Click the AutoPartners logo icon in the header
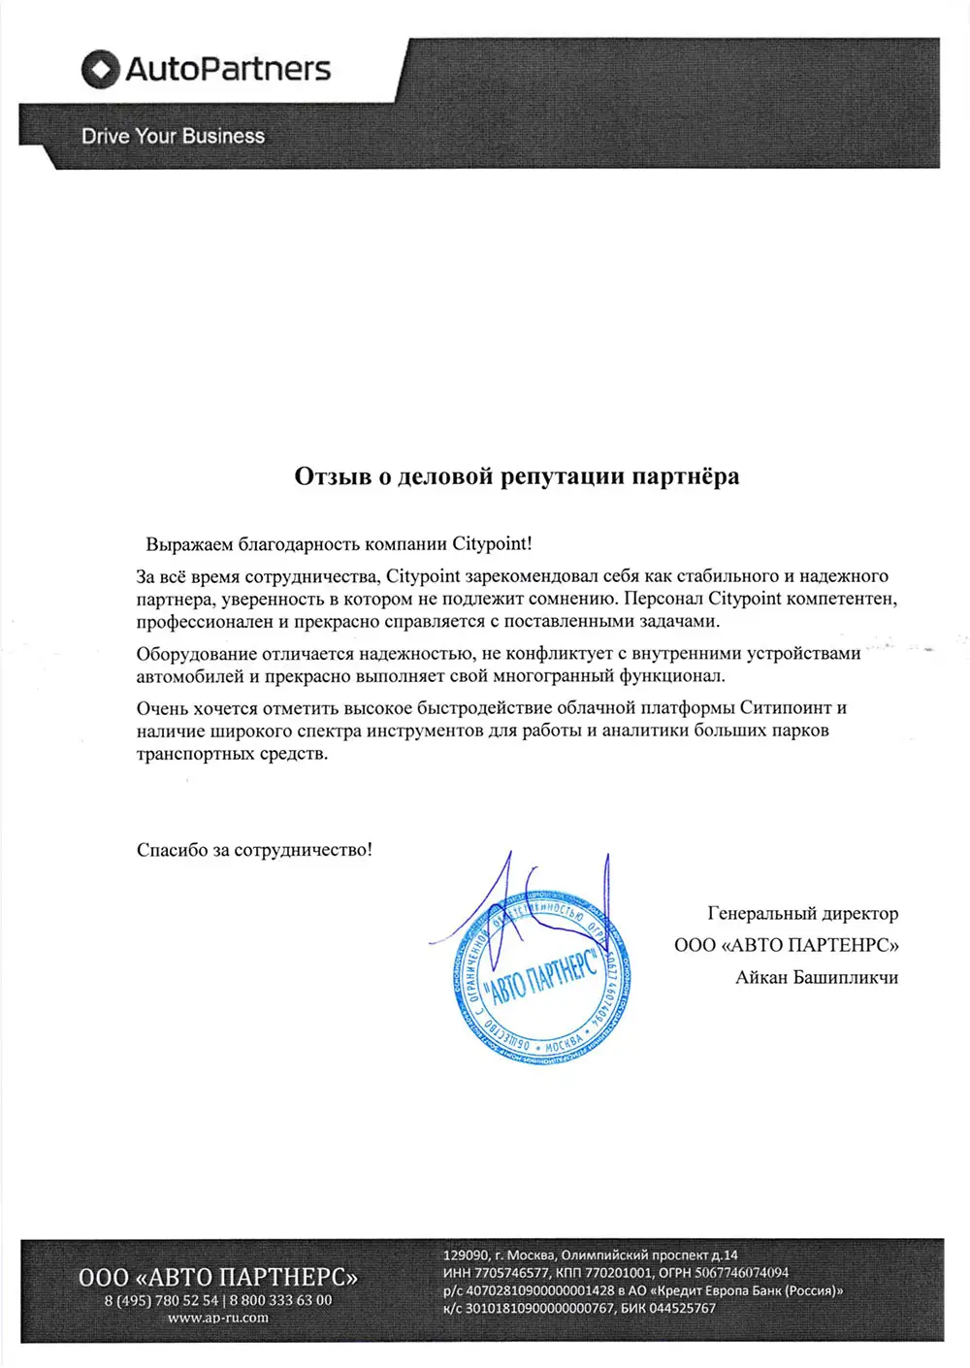click(100, 70)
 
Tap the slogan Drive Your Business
click(173, 137)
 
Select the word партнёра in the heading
click(686, 476)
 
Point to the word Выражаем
click(189, 544)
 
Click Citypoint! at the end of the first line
click(493, 544)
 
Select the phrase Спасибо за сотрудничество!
click(254, 850)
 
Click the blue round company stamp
click(541, 980)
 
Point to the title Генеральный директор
click(802, 914)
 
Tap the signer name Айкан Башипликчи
click(816, 977)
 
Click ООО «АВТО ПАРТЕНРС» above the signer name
click(786, 945)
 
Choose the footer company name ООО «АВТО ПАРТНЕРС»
click(217, 1277)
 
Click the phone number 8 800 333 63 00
click(280, 1300)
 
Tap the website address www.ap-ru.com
click(217, 1318)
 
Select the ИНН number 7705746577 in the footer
click(511, 1273)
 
